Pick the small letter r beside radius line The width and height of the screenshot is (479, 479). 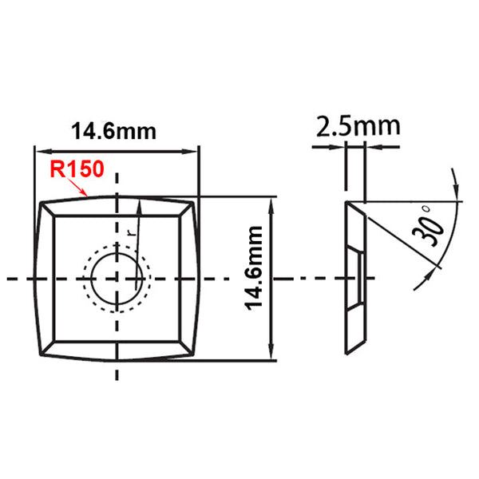pos(129,230)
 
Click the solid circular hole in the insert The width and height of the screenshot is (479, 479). pos(118,278)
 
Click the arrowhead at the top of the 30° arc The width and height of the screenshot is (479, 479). pos(457,192)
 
